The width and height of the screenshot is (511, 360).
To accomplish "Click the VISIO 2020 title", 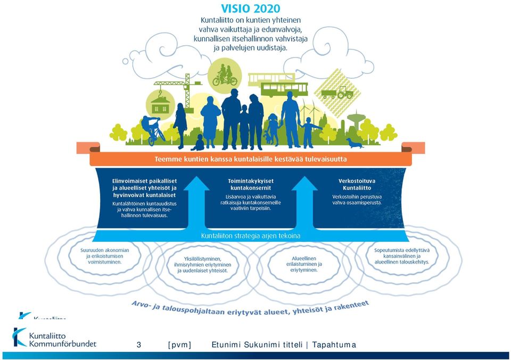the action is pyautogui.click(x=251, y=9).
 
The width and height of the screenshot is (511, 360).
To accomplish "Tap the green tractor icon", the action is pyautogui.click(x=345, y=93).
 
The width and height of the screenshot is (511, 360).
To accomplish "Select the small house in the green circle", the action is pyautogui.click(x=160, y=103).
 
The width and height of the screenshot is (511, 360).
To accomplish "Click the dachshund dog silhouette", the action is pyautogui.click(x=355, y=143).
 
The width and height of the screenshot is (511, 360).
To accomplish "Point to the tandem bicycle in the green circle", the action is pyautogui.click(x=225, y=76).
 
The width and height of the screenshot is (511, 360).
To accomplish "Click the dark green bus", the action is pyautogui.click(x=284, y=90).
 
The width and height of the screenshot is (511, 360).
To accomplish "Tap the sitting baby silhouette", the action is pyautogui.click(x=198, y=143).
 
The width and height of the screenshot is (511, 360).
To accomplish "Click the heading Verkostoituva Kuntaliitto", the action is pyautogui.click(x=357, y=185).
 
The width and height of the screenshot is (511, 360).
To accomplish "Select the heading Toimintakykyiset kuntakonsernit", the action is pyautogui.click(x=251, y=185).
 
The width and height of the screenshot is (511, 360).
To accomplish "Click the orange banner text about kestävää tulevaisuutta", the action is pyautogui.click(x=251, y=159).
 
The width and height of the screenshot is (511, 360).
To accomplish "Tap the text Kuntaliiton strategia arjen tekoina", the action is pyautogui.click(x=251, y=236).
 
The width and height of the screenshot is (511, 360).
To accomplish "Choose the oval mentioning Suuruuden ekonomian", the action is pyautogui.click(x=105, y=256).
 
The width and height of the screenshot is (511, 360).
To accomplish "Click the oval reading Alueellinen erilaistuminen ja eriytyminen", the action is pyautogui.click(x=304, y=264).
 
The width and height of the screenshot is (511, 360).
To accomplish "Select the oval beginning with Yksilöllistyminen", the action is pyautogui.click(x=203, y=265).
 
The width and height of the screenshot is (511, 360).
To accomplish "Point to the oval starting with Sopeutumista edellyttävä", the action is pyautogui.click(x=402, y=256).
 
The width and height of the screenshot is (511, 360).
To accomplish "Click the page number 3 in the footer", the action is pyautogui.click(x=139, y=345).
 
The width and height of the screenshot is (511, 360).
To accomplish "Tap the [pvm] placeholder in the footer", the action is pyautogui.click(x=179, y=345).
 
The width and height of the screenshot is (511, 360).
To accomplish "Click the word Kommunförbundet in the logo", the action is pyautogui.click(x=63, y=343).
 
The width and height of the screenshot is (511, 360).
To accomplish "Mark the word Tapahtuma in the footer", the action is pyautogui.click(x=334, y=345).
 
